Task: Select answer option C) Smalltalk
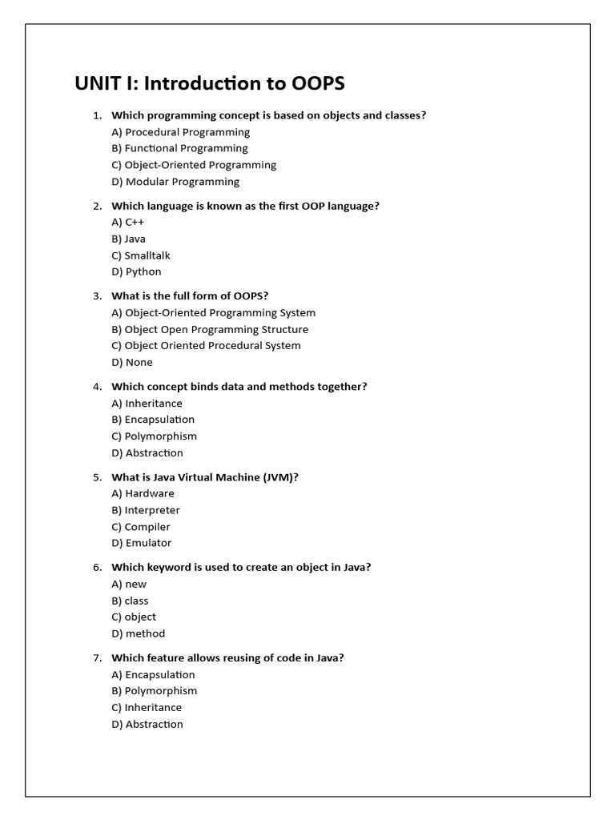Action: click(x=141, y=255)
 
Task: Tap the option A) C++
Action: click(x=128, y=222)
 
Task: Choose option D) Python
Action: click(x=137, y=271)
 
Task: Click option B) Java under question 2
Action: click(x=129, y=239)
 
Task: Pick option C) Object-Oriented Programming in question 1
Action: click(x=194, y=165)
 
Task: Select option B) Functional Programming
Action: click(x=180, y=148)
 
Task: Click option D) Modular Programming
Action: click(x=176, y=182)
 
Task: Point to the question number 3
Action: click(x=97, y=295)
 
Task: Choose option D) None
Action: click(x=132, y=362)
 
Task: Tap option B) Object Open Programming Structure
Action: click(x=210, y=329)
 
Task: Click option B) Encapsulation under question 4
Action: click(x=153, y=420)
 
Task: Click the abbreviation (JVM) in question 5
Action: click(x=280, y=477)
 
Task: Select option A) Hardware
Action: click(x=143, y=493)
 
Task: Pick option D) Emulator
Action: click(x=142, y=543)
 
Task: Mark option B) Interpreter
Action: click(x=146, y=510)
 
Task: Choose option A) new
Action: click(x=130, y=584)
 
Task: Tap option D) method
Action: click(x=139, y=633)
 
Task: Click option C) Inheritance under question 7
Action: click(x=147, y=707)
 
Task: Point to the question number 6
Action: click(x=97, y=567)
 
